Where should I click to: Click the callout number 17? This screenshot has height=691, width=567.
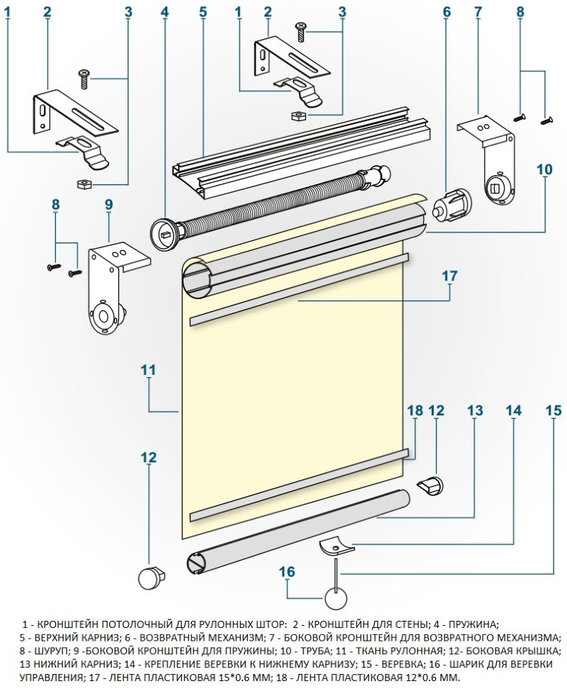click(450, 276)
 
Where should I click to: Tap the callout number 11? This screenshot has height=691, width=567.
click(149, 370)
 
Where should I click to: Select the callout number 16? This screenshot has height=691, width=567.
click(287, 571)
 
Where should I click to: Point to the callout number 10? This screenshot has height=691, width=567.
click(544, 169)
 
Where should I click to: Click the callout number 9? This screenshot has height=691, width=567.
click(109, 205)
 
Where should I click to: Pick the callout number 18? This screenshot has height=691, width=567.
click(415, 410)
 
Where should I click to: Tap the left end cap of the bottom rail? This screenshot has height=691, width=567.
click(151, 578)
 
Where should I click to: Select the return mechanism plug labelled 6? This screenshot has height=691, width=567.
click(452, 203)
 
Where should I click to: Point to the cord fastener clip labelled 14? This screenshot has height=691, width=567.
click(337, 546)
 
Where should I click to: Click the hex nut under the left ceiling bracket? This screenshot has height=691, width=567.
click(84, 184)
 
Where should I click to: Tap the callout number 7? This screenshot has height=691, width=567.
click(478, 12)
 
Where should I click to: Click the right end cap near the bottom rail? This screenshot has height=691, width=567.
click(430, 485)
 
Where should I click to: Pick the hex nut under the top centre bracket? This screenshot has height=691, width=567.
click(298, 116)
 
